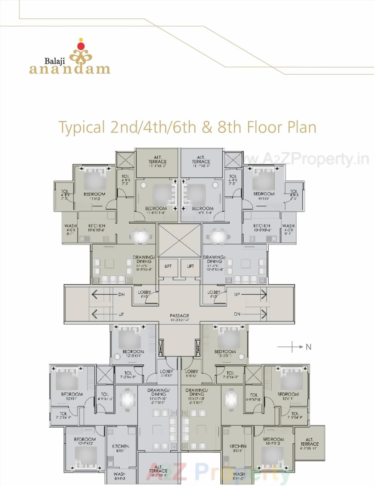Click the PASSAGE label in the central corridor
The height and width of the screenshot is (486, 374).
click(x=179, y=316)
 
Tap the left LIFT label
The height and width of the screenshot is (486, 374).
click(x=168, y=266)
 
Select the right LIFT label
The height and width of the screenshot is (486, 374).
click(x=190, y=266)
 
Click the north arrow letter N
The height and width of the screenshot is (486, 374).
click(x=309, y=347)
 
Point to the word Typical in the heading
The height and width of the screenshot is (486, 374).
click(x=82, y=127)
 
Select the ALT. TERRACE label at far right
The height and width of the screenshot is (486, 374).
click(x=309, y=442)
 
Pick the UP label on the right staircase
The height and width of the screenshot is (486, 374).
click(x=237, y=294)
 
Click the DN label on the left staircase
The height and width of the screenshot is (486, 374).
click(x=121, y=294)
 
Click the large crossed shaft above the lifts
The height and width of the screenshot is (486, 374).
click(x=179, y=240)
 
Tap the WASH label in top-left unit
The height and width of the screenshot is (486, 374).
click(x=70, y=226)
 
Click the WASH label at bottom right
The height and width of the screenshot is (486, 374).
click(x=239, y=474)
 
